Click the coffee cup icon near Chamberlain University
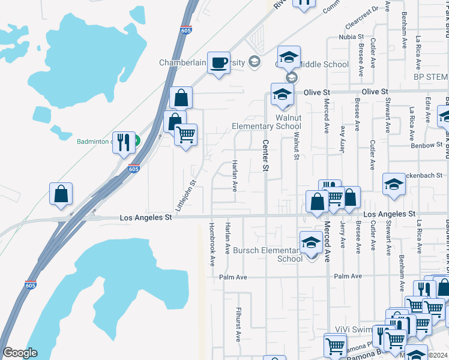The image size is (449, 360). coord(219,62)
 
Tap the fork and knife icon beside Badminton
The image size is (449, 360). coord(124,143)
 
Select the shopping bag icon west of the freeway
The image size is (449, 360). coord(61,194)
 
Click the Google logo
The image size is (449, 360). coord(20,353)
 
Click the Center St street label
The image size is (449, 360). coord(265,155)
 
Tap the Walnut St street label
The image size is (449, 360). coord(296,147)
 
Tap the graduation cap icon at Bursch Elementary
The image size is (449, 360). coord(311,242)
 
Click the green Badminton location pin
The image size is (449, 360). coord(136,142)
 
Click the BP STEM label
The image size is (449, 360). coord(431,77)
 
